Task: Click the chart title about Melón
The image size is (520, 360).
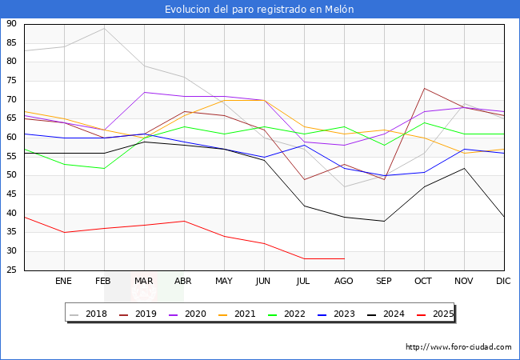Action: pos(259,10)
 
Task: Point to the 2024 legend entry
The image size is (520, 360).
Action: pos(390,314)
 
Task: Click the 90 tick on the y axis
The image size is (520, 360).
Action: pos(12,24)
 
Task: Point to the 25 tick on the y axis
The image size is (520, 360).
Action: pos(12,270)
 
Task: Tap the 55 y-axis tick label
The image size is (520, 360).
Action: pos(12,157)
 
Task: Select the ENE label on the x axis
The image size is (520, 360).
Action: pos(64,282)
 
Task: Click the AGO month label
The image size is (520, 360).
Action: pos(344,282)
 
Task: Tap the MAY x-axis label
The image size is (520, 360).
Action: pos(224,282)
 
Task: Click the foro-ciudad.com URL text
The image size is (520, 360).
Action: pos(458,347)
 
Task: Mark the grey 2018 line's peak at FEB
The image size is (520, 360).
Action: pos(104,28)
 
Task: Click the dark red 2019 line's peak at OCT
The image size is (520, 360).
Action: pos(424,89)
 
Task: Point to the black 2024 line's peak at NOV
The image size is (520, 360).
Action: pos(464,168)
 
